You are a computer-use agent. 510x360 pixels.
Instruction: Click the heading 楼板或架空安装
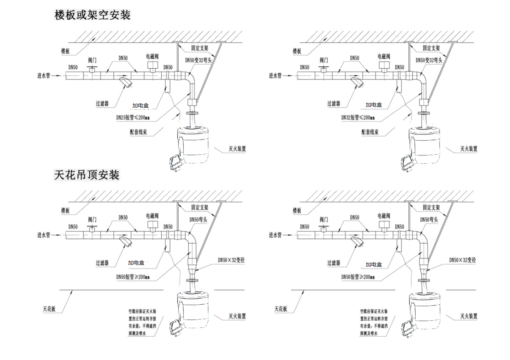point(92,15)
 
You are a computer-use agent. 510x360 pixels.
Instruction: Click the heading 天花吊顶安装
point(87,175)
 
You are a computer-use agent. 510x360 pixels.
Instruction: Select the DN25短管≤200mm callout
point(133,117)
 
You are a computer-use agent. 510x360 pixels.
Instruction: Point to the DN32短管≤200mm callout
point(358,117)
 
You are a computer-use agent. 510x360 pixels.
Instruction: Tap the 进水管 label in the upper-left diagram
point(43,76)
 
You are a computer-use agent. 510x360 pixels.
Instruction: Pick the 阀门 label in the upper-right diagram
point(324,60)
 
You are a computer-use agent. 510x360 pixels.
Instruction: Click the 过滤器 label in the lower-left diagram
point(102,263)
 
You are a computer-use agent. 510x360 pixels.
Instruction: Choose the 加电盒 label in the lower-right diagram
point(374,265)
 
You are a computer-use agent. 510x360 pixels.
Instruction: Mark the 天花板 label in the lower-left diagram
point(49,309)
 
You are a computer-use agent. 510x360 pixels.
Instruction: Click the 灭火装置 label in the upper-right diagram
point(468,149)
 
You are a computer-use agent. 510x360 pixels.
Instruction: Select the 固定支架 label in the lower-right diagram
point(431,207)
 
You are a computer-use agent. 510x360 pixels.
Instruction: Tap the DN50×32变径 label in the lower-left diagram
point(231,260)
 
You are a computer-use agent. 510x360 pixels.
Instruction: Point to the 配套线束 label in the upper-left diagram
point(139,132)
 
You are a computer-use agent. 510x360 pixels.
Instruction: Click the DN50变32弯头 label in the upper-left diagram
point(198,60)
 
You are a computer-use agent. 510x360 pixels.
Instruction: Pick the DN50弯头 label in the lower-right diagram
point(429,219)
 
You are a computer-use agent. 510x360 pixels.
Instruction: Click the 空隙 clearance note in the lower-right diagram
point(374,322)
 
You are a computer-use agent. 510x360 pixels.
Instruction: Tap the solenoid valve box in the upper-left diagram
point(152,65)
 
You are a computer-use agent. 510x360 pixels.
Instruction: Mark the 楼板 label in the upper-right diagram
point(297,51)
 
